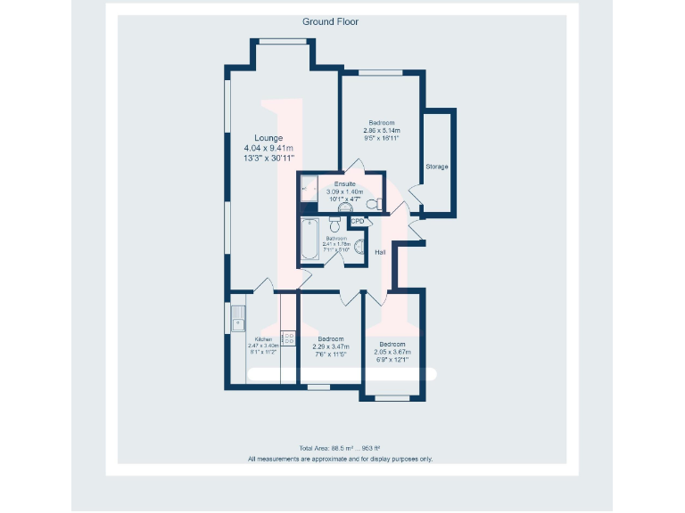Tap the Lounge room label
[268, 138]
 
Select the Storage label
[436, 167]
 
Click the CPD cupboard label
[358, 221]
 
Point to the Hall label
[380, 252]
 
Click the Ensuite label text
[344, 183]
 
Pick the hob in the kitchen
[289, 338]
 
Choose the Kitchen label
[263, 339]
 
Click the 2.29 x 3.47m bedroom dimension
[332, 346]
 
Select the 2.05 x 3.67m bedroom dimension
[392, 352]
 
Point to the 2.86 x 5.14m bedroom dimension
[382, 131]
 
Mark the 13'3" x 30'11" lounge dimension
[268, 159]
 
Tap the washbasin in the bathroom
[359, 248]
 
